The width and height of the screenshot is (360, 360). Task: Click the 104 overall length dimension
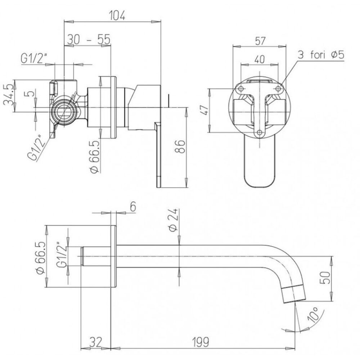tap(117, 15)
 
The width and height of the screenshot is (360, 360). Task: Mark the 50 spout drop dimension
tap(325, 278)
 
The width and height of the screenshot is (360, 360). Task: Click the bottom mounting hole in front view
tap(259, 133)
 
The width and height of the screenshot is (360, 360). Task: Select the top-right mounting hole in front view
tap(278, 89)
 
